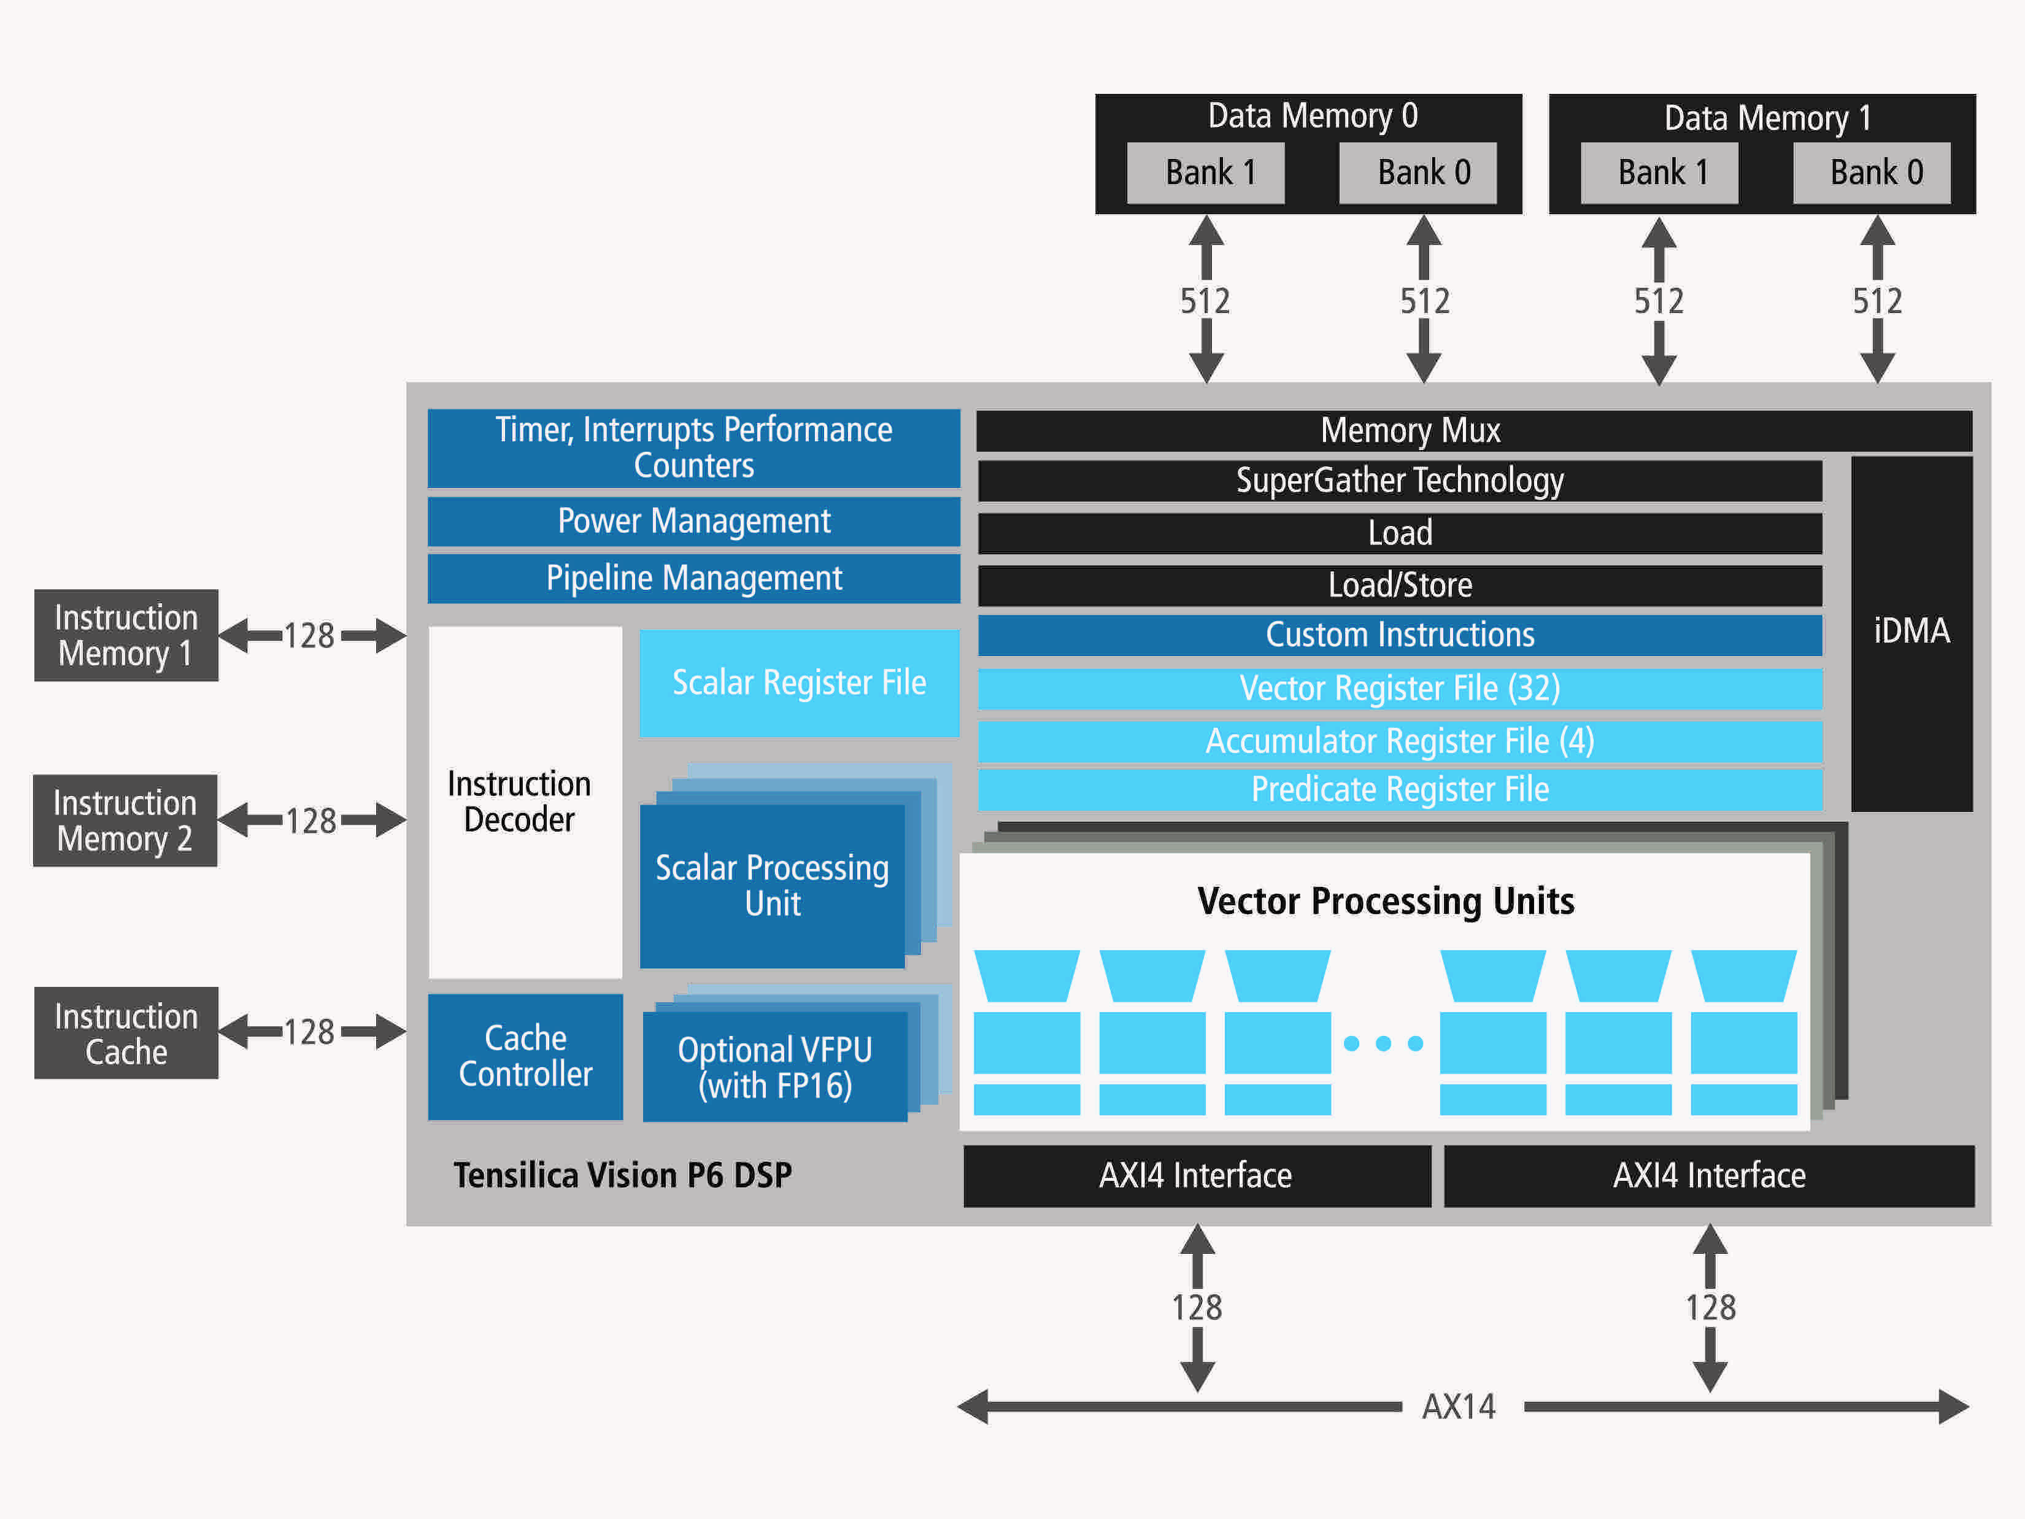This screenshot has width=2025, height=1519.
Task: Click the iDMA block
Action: (x=1911, y=632)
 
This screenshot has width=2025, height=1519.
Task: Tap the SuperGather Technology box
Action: (x=1399, y=481)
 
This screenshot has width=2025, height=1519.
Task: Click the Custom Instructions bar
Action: (x=1399, y=635)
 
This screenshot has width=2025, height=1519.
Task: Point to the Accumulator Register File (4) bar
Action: (x=1399, y=741)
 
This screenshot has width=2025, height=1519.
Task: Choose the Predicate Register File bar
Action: (x=1399, y=789)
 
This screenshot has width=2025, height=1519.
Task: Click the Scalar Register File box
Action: (x=798, y=683)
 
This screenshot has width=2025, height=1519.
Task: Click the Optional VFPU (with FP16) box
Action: (x=774, y=1067)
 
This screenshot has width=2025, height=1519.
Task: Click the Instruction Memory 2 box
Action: (x=125, y=821)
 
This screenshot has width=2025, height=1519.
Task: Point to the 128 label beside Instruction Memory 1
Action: (x=309, y=635)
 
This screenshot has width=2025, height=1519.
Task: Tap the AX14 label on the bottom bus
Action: (x=1459, y=1407)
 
